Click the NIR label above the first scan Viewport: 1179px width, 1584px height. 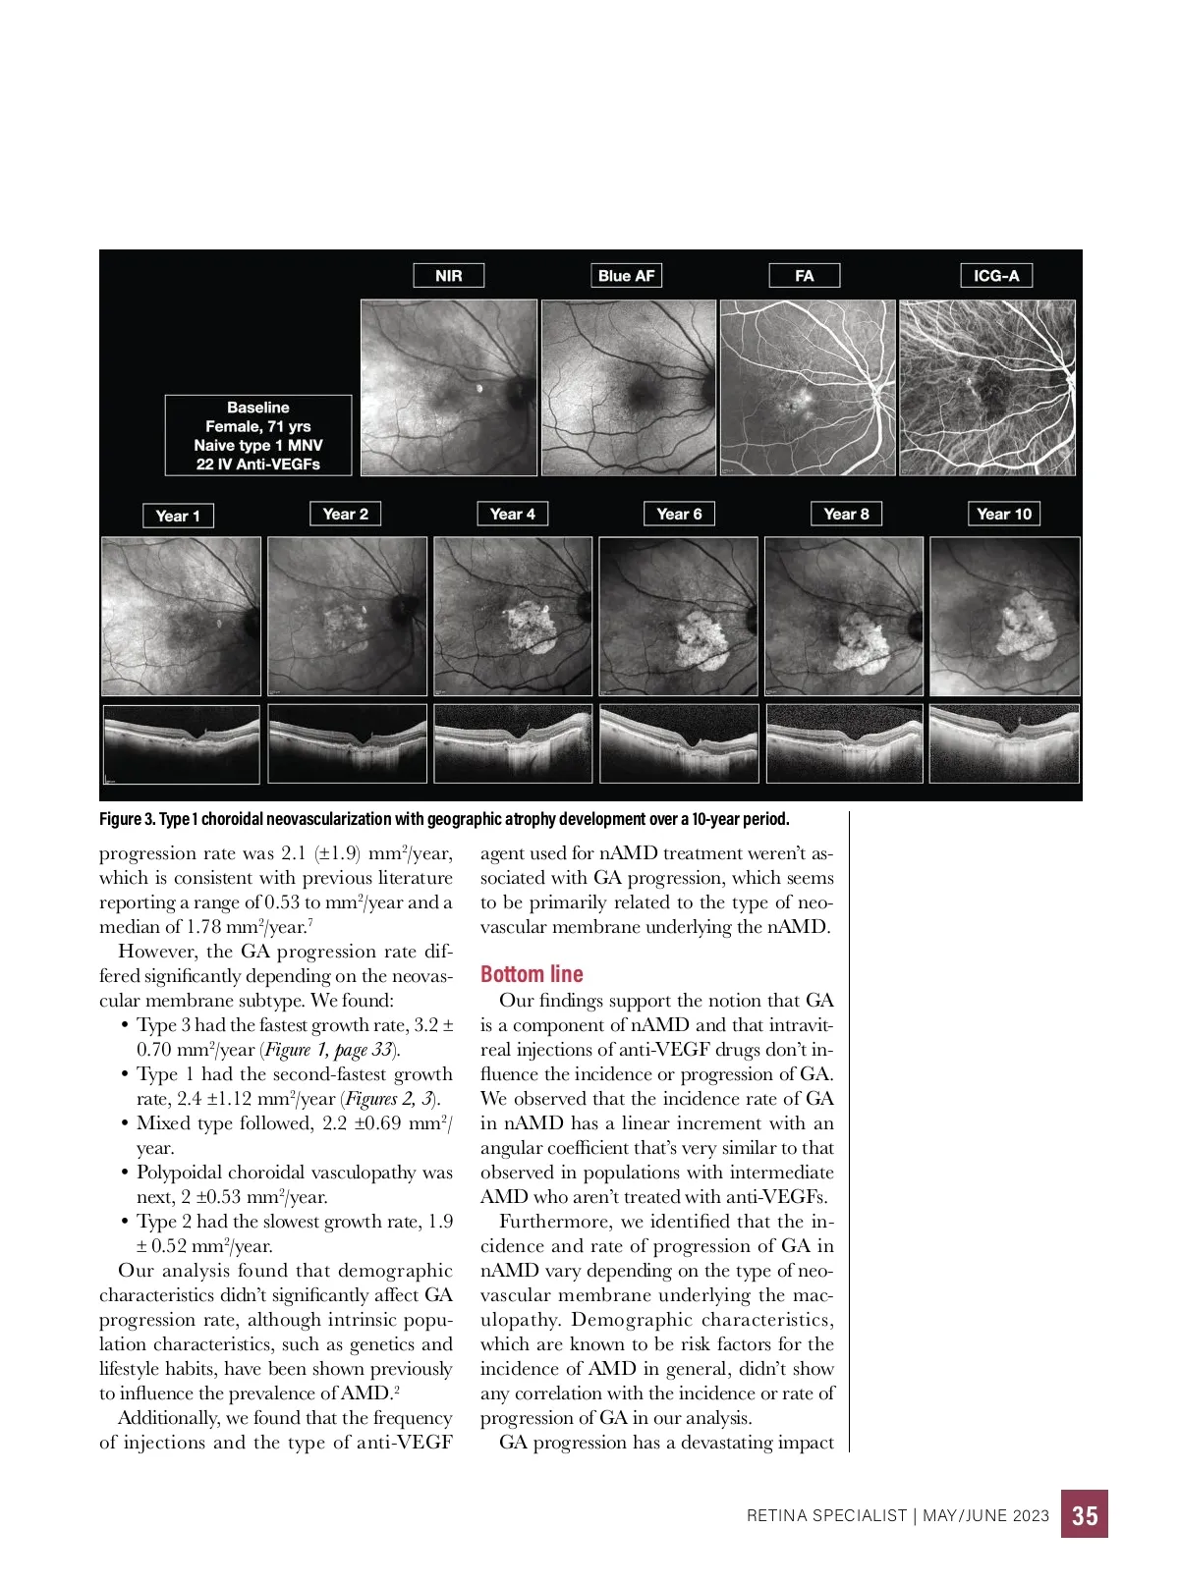(x=448, y=276)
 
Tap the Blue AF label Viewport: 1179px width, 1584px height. (x=626, y=276)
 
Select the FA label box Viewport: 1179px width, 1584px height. (x=804, y=276)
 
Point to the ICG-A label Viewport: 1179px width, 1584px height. (x=996, y=276)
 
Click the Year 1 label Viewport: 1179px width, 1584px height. (x=178, y=516)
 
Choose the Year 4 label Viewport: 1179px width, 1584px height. (x=513, y=514)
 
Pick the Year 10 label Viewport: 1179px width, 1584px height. (x=1004, y=514)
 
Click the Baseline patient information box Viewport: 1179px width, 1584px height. (x=258, y=435)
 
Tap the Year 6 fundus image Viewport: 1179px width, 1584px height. (x=679, y=616)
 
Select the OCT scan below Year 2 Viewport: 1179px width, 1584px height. (x=347, y=743)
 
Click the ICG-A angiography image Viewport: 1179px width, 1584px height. (x=987, y=388)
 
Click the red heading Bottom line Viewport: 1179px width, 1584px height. (x=532, y=974)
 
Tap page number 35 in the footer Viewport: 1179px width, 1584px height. (x=1085, y=1515)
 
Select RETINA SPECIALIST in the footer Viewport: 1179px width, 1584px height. (x=826, y=1515)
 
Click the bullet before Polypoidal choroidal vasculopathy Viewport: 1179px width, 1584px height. (x=126, y=1173)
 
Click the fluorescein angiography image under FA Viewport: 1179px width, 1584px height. (x=808, y=388)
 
